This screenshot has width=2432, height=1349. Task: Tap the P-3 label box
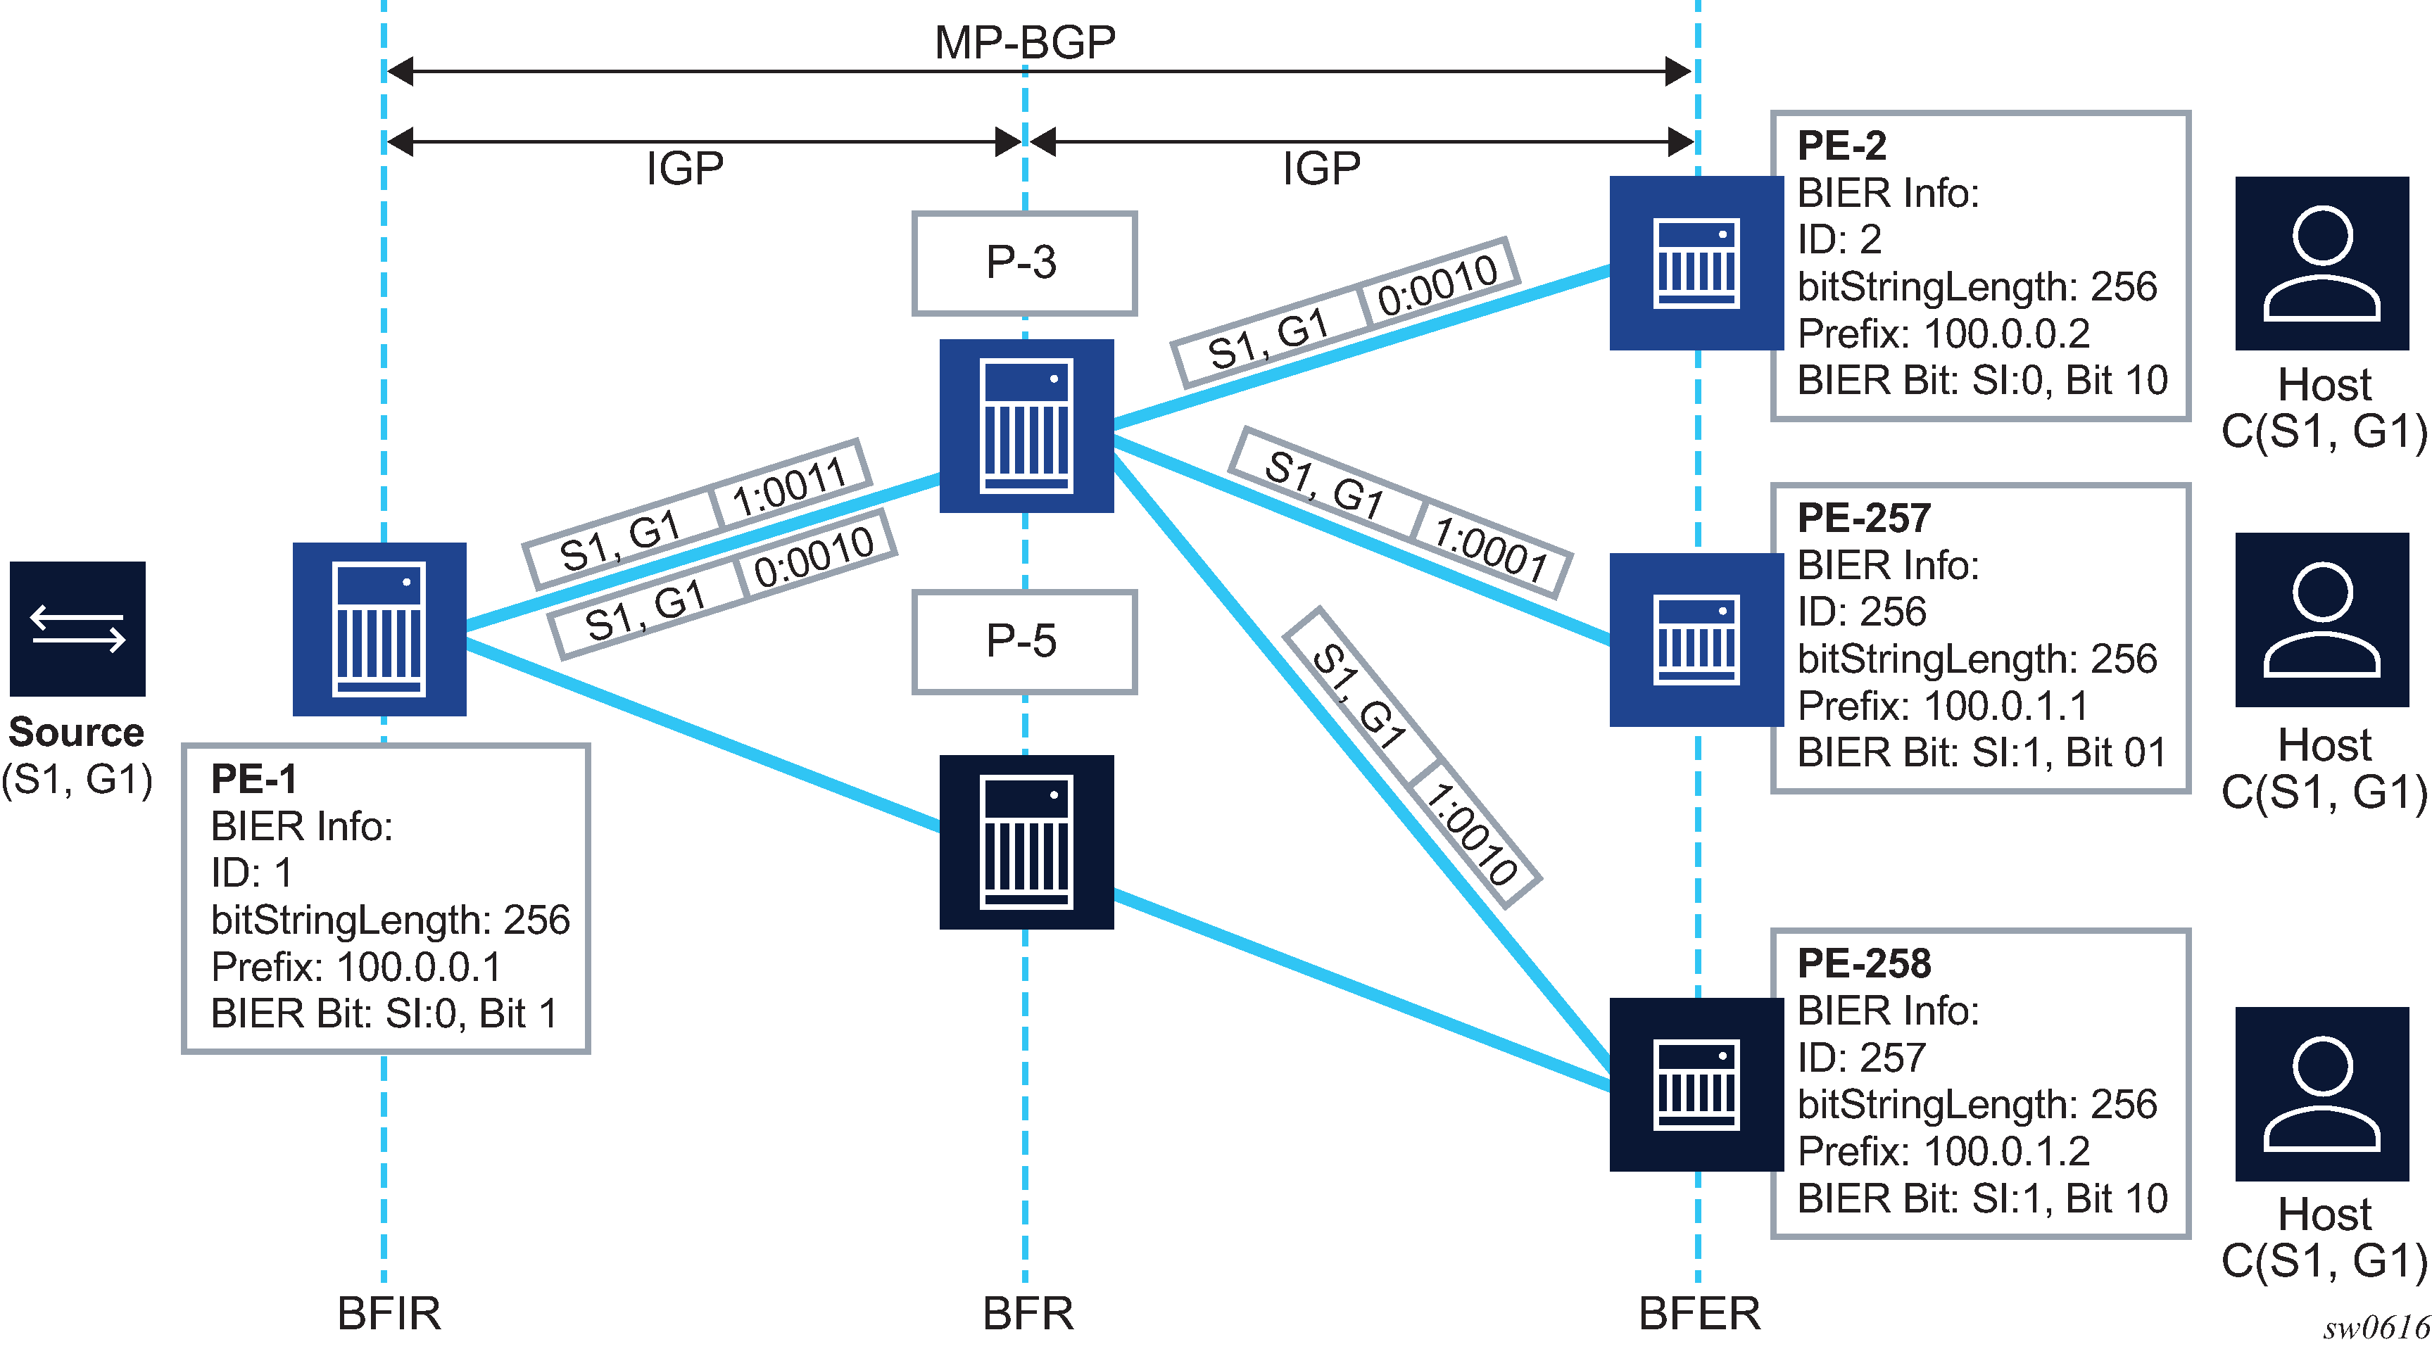tap(1023, 263)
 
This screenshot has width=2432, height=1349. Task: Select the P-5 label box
tap(1023, 642)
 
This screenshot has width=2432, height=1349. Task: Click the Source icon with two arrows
tap(77, 628)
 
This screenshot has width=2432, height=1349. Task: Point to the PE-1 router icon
tap(379, 628)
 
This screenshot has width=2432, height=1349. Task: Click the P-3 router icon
tap(1026, 426)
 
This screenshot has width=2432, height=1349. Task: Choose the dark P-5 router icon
tap(1026, 842)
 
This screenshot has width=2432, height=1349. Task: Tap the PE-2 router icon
tap(1696, 263)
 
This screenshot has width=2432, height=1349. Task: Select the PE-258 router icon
tap(1696, 1084)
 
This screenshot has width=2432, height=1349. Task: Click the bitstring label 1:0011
tap(789, 487)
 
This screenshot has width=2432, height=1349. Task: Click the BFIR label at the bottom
tap(389, 1313)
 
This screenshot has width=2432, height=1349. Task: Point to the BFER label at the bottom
tap(1699, 1313)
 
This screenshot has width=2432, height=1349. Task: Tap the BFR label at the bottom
tap(1028, 1313)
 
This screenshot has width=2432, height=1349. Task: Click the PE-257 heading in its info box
tap(1864, 518)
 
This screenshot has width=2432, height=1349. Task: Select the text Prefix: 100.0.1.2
tap(1943, 1151)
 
